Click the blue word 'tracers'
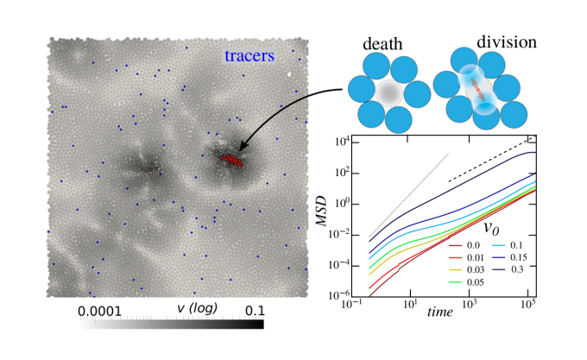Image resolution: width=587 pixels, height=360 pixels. (249, 56)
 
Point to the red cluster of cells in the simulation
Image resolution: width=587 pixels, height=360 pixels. (231, 161)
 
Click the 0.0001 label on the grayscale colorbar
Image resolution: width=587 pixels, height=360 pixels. (105, 308)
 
